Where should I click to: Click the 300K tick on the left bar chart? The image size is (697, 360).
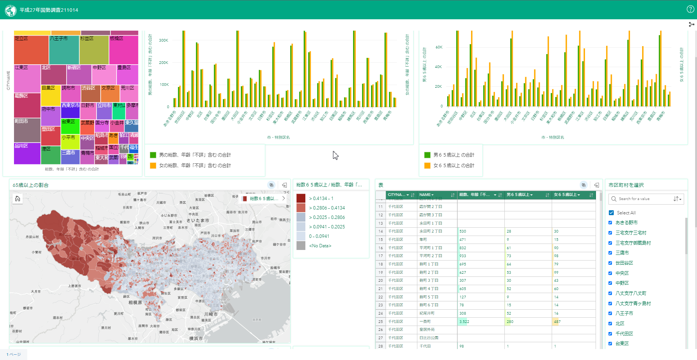pyautogui.click(x=163, y=40)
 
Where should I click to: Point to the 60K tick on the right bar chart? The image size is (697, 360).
pyautogui.click(x=439, y=47)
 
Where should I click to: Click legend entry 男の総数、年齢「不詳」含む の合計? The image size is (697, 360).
pyautogui.click(x=194, y=155)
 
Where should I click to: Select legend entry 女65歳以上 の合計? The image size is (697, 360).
pyautogui.click(x=453, y=166)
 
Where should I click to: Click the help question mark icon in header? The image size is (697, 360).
pyautogui.click(x=690, y=9)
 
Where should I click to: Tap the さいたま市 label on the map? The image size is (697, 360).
pyautogui.click(x=198, y=220)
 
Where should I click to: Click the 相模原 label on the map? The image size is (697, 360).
pyautogui.click(x=135, y=303)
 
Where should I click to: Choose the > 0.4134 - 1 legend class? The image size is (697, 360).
pyautogui.click(x=321, y=199)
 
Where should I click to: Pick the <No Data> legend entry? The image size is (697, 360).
pyautogui.click(x=320, y=246)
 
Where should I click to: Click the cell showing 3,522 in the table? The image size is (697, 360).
pyautogui.click(x=464, y=322)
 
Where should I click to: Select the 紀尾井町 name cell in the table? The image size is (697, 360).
pyautogui.click(x=427, y=313)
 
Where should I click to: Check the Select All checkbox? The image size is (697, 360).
pyautogui.click(x=611, y=213)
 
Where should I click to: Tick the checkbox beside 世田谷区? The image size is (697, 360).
pyautogui.click(x=610, y=263)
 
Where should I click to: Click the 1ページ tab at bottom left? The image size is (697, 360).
pyautogui.click(x=14, y=355)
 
